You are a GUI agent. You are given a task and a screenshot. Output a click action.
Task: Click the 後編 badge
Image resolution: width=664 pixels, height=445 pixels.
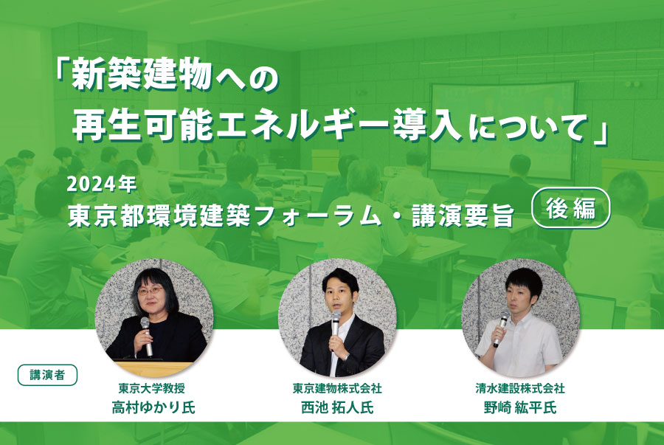click(x=571, y=207)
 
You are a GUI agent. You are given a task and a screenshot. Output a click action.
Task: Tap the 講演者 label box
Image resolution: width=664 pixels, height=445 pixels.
click(x=47, y=375)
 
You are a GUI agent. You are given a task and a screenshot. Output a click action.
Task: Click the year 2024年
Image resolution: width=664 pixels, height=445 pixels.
click(x=102, y=184)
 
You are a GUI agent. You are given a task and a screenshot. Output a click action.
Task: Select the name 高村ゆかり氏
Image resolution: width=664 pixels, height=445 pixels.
click(x=153, y=407)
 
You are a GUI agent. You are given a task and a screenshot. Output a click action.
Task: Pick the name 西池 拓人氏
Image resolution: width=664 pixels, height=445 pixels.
click(x=337, y=407)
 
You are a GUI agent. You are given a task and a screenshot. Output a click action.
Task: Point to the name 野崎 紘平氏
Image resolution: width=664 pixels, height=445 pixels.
click(x=520, y=407)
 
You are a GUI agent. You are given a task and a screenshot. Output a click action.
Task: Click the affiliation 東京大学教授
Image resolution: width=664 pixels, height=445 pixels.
click(x=151, y=388)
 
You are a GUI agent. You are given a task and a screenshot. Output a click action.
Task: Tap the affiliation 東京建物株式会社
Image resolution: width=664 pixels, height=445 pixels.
click(x=337, y=388)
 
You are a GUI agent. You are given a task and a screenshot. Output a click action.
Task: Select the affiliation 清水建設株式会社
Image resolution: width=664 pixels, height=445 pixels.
click(x=520, y=388)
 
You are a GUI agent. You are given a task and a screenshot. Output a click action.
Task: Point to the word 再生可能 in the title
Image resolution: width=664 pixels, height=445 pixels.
click(x=142, y=125)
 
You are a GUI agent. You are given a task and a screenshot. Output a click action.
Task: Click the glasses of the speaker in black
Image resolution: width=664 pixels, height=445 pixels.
click(x=151, y=292)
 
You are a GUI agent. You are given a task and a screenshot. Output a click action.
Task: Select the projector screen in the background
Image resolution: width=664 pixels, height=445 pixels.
click(x=502, y=130)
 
